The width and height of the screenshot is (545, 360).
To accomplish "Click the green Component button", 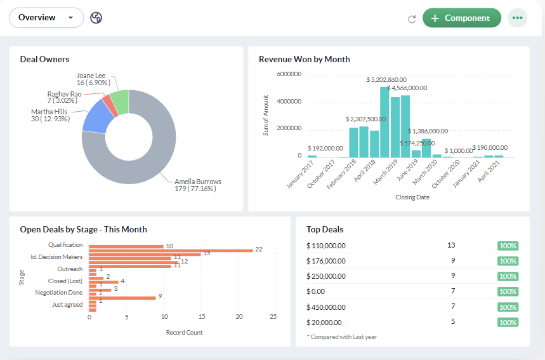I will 461,18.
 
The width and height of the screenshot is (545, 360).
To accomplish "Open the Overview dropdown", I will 46,18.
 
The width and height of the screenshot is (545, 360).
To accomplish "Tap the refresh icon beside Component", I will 412,18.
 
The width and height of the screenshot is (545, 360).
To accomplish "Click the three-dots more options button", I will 518,18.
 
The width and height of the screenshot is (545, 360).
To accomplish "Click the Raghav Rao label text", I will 64,94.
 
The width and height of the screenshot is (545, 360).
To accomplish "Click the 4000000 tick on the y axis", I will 289,102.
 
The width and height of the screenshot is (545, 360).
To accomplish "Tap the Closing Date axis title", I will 412,197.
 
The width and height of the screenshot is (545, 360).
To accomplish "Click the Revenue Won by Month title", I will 305,59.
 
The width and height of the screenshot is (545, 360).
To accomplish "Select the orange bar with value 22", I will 171,250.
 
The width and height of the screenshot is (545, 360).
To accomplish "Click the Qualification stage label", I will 65,245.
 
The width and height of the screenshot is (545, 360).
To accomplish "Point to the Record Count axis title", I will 184,332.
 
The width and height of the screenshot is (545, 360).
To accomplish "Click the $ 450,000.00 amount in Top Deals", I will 326,307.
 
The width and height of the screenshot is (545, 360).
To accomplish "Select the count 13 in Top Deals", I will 451,245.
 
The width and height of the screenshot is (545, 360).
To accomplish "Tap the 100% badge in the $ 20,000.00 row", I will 508,322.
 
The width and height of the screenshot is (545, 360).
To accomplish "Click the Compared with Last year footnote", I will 342,337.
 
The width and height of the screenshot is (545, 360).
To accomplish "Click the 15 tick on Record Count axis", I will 202,317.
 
